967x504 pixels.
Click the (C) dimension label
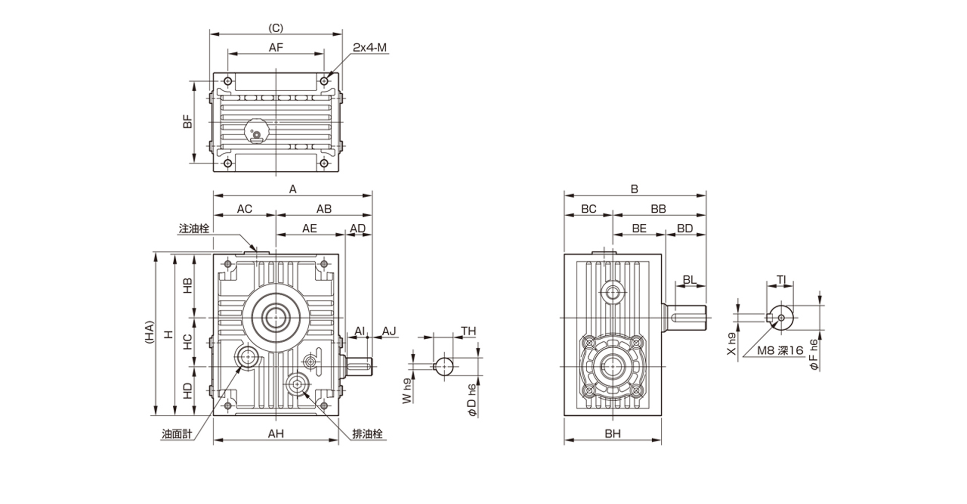(275, 28)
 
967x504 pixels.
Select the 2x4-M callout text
(369, 48)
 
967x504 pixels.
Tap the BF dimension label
(188, 121)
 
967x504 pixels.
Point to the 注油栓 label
(194, 228)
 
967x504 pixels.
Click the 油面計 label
(177, 434)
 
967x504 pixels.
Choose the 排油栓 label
(367, 434)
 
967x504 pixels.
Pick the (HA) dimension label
(149, 333)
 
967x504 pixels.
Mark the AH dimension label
(275, 433)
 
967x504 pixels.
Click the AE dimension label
(309, 228)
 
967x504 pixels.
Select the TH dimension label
(468, 331)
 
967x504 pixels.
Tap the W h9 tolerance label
(407, 390)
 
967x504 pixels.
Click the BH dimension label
(612, 433)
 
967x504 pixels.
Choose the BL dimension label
(689, 280)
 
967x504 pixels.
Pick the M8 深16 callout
(780, 350)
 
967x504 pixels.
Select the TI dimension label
(781, 280)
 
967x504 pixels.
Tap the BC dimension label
(588, 209)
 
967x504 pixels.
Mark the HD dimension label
(187, 391)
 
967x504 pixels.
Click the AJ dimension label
(389, 331)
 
